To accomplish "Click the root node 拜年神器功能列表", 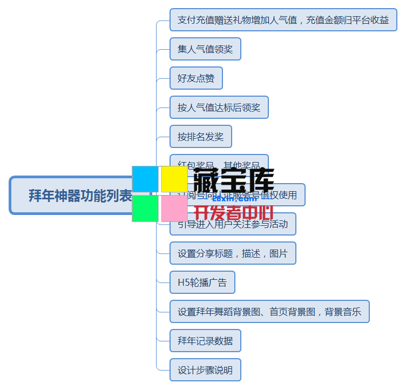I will [70, 195].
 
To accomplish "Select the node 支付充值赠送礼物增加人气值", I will [283, 20].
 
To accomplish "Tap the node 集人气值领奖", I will [205, 49].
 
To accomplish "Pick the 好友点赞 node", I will [196, 78].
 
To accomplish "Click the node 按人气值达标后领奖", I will [219, 107].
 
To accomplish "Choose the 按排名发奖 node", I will [200, 137].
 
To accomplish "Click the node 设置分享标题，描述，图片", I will [233, 253].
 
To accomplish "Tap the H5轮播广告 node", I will [202, 283].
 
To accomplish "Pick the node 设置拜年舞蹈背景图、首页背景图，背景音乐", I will [269, 312].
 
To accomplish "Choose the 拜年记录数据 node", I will [205, 341].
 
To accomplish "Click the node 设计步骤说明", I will [205, 370].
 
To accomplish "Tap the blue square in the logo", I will [145, 179].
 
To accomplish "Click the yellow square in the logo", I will [174, 179].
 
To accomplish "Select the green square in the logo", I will [145, 209].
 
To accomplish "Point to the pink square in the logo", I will [174, 209].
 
